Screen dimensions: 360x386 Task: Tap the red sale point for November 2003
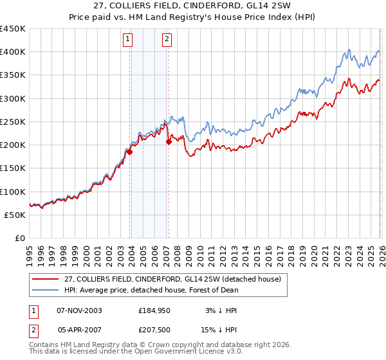click(x=129, y=152)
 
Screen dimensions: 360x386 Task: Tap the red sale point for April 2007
click(x=169, y=141)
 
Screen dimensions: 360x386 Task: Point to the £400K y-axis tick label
click(x=13, y=52)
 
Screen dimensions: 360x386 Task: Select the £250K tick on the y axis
click(x=13, y=122)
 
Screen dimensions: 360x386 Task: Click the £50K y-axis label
click(x=15, y=215)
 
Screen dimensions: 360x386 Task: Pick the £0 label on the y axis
click(x=21, y=238)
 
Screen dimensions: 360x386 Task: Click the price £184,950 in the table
click(x=154, y=310)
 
